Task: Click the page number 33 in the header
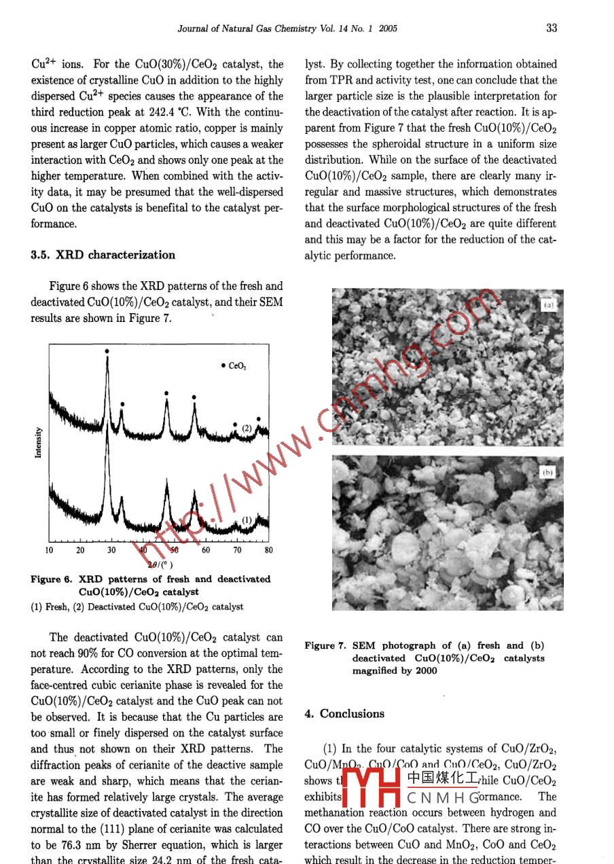coord(552,28)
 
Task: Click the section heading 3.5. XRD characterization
coord(103,255)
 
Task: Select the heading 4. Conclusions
coord(344,713)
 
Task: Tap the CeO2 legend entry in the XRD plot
coord(235,365)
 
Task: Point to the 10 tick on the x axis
coord(50,550)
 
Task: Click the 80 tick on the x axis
coord(268,550)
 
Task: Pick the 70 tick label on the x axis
coord(237,550)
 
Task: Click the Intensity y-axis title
coord(39,442)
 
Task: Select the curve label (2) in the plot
coord(247,428)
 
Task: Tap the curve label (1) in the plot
coord(247,520)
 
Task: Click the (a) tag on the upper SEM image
coord(548,306)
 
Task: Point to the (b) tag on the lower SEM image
coord(547,471)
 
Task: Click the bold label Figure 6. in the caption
coord(51,579)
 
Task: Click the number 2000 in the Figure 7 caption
coord(425,670)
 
